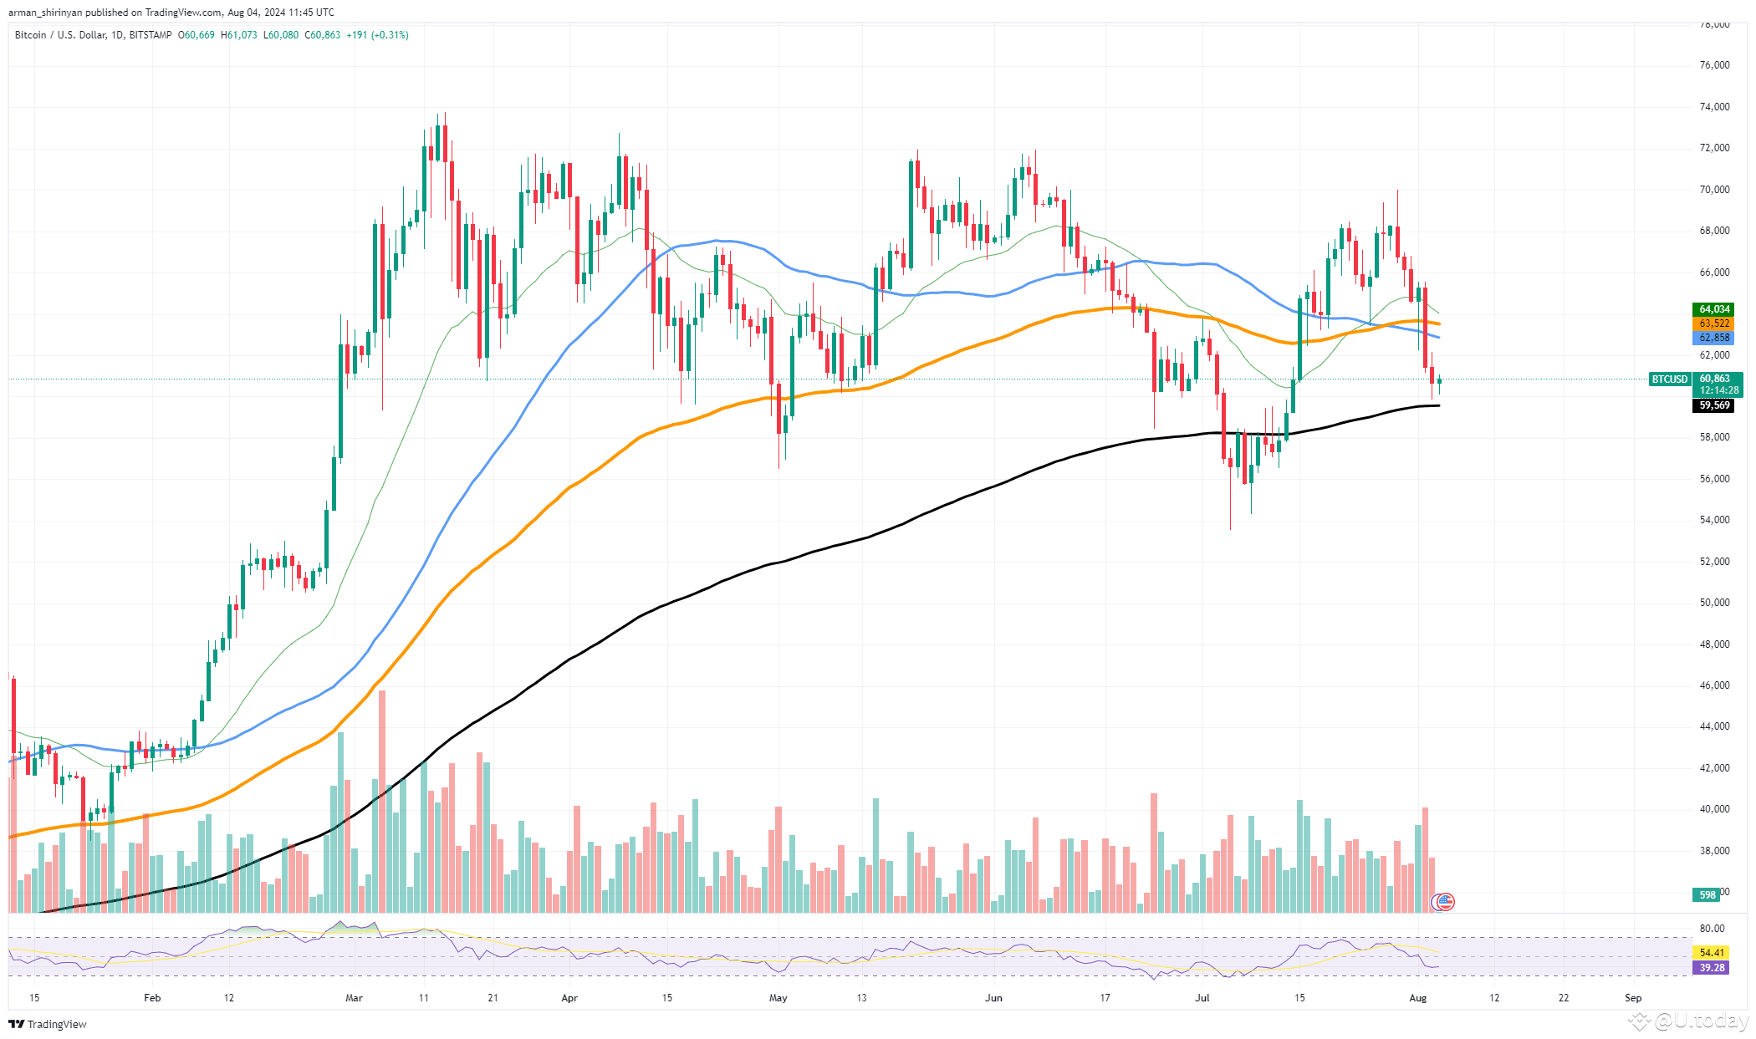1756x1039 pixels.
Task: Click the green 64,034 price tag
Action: pos(1713,309)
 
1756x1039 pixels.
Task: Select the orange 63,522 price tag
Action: pos(1713,323)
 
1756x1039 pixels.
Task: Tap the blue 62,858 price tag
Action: pos(1713,338)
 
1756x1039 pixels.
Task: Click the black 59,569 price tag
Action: pos(1713,405)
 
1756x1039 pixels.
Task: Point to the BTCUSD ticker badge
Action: pos(1669,379)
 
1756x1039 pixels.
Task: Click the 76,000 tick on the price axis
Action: pos(1714,65)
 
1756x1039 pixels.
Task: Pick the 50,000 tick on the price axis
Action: pos(1714,603)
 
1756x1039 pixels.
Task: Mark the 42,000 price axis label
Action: pos(1714,768)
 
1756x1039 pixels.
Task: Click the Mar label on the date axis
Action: pos(354,998)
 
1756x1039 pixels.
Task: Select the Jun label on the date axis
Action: pos(993,998)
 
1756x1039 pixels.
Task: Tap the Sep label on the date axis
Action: pos(1633,998)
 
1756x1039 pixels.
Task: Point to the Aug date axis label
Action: pos(1417,998)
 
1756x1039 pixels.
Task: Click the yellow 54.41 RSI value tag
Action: pos(1712,953)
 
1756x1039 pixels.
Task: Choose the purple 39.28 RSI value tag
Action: pos(1712,968)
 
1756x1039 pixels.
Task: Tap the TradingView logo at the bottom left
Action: pos(48,1024)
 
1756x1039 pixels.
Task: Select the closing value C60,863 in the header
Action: pos(322,35)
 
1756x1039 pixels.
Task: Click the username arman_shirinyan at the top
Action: pos(44,13)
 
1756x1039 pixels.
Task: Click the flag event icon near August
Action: pos(1445,901)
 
